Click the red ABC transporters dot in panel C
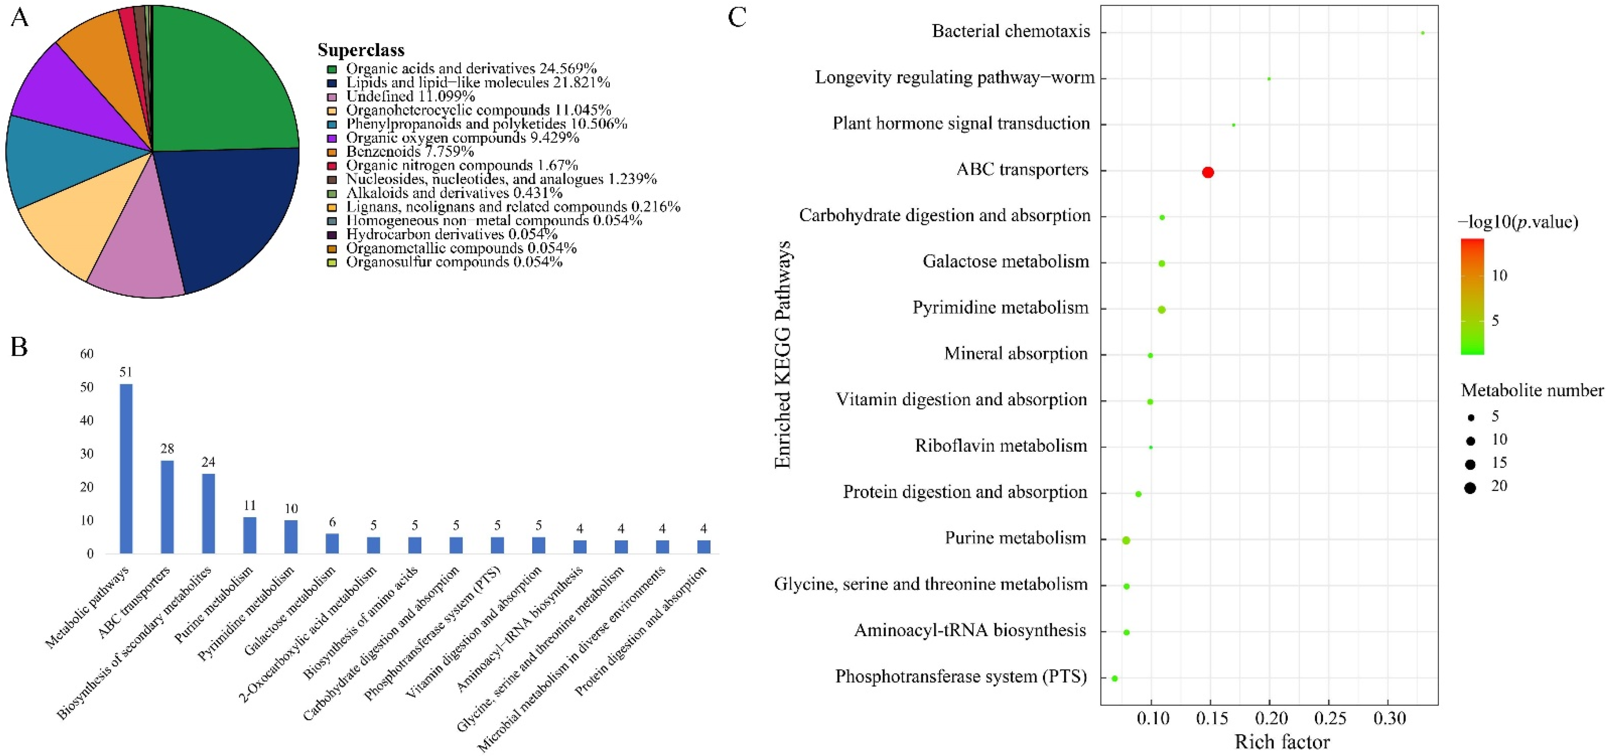coord(1208,172)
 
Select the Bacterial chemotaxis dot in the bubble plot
coord(1423,32)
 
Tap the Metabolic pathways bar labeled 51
coord(126,468)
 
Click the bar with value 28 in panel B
coord(167,506)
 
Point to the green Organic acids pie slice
coord(219,81)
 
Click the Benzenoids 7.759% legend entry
coord(410,151)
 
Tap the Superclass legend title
coord(361,50)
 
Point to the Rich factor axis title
coord(1282,742)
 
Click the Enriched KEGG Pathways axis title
coord(783,354)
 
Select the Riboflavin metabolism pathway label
coord(1001,446)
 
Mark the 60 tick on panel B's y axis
coord(87,354)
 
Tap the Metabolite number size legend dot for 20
coord(1470,487)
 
